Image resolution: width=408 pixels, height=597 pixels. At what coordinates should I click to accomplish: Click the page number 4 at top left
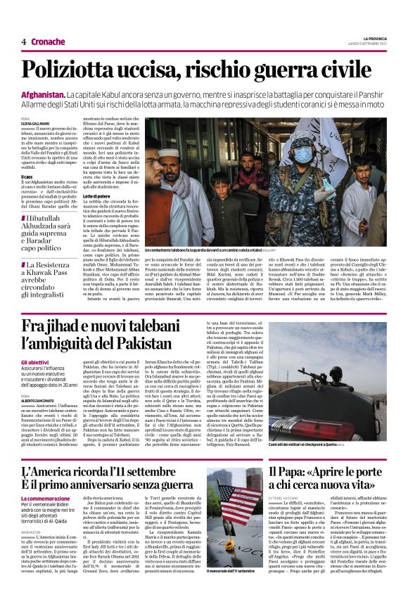23,41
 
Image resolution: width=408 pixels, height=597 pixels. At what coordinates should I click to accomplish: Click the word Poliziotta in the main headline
75,71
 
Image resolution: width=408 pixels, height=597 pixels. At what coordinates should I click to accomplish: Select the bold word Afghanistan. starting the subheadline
43,94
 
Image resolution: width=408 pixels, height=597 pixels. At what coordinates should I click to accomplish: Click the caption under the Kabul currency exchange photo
204,248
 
